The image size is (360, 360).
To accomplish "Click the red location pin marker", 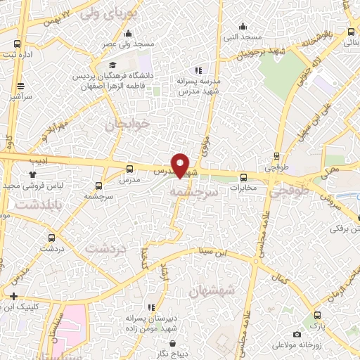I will pyautogui.click(x=181, y=165).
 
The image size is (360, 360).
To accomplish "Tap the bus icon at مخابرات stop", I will pyautogui.click(x=243, y=177).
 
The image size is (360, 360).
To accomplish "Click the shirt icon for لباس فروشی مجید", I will pyautogui.click(x=32, y=174).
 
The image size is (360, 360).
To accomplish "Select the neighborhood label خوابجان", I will pyautogui.click(x=128, y=124).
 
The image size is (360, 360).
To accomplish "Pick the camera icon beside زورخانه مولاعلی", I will pyautogui.click(x=297, y=333).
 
